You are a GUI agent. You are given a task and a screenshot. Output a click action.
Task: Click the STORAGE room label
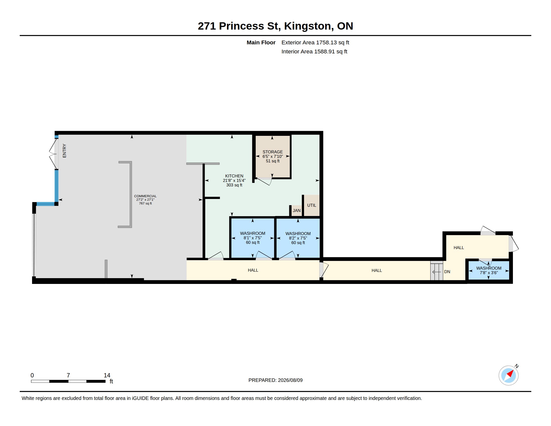click(272, 152)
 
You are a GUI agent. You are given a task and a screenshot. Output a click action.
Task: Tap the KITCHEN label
click(234, 176)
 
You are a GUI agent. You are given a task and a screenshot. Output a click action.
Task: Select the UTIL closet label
click(312, 205)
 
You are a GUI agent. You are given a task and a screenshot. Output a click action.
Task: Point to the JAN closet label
click(297, 210)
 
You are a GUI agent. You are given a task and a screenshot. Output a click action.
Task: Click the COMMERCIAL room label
click(145, 196)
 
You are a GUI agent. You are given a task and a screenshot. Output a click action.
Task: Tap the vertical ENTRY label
click(64, 151)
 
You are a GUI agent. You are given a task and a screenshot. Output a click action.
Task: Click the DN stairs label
click(447, 272)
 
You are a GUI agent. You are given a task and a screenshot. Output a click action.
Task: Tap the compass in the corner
click(509, 375)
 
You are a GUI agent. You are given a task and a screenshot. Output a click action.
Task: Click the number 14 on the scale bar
click(107, 375)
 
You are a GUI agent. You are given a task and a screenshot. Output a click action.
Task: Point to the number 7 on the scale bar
click(68, 375)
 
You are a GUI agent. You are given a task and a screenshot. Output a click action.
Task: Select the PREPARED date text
click(275, 380)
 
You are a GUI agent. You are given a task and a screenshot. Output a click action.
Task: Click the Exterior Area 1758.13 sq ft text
click(315, 42)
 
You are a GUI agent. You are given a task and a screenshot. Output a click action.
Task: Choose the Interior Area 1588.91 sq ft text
click(314, 51)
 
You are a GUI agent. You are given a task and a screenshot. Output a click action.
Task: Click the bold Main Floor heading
click(261, 42)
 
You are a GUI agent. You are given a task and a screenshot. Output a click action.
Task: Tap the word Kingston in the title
click(308, 26)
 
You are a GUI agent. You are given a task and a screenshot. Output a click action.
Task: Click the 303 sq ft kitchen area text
click(234, 185)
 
